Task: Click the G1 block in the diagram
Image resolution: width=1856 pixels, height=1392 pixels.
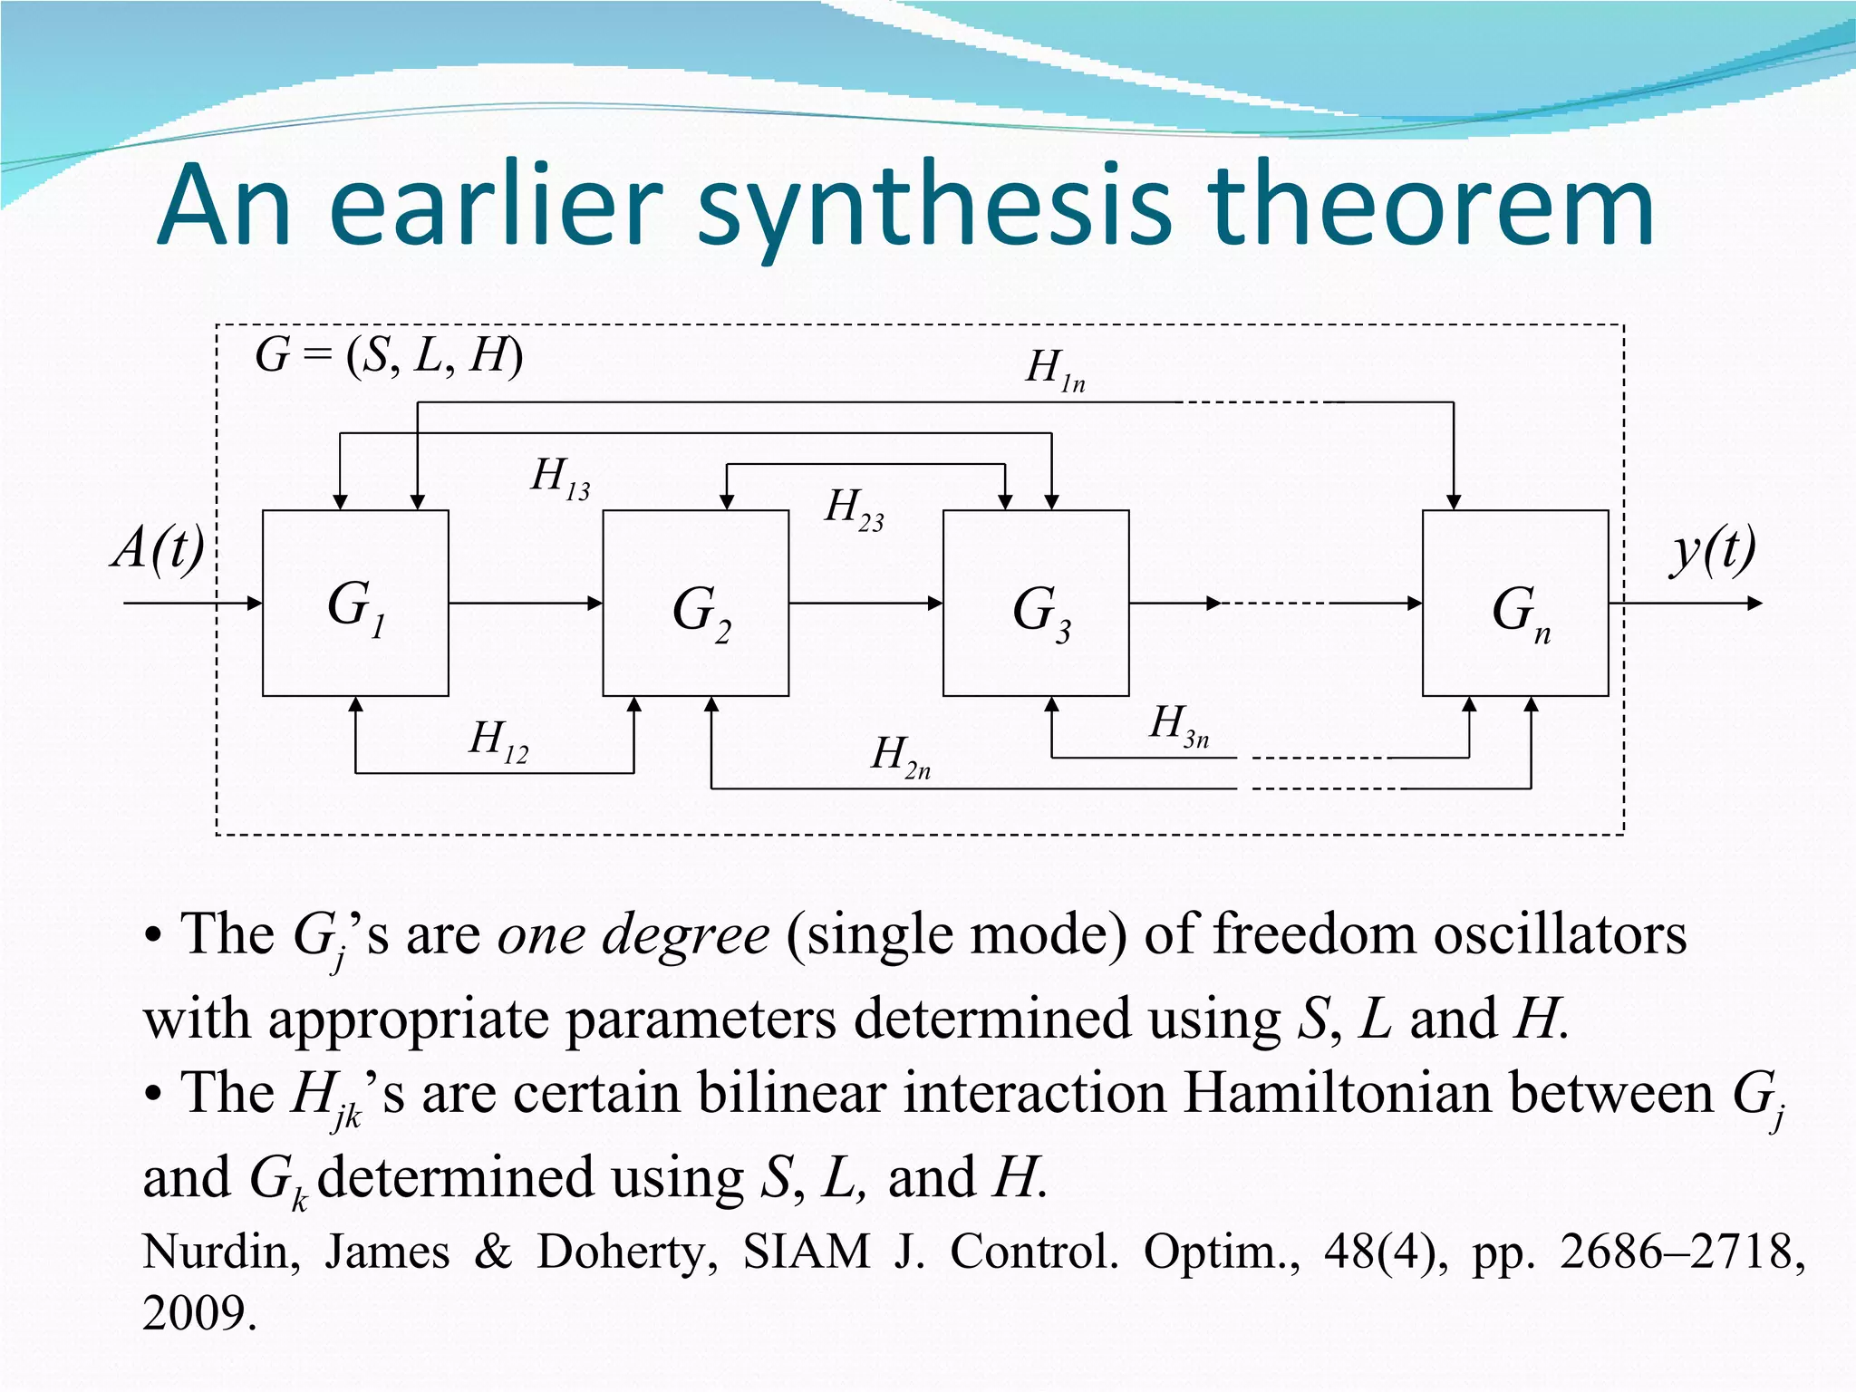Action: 355,604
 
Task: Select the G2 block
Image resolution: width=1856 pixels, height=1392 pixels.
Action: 696,604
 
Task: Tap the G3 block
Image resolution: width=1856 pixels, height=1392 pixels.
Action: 1036,604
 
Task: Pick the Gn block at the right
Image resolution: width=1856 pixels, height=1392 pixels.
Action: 1515,604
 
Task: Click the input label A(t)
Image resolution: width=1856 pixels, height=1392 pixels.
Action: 159,549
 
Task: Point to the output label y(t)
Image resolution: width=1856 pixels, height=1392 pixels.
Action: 1714,551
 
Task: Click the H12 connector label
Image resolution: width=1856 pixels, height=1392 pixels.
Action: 498,740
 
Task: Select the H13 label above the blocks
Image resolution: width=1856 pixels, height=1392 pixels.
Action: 560,478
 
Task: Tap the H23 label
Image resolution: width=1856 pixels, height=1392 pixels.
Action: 854,508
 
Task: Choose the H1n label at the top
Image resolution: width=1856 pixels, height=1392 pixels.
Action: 1055,370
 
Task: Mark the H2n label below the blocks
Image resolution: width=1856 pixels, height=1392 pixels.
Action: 900,756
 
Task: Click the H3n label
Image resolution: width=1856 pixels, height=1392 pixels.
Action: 1178,726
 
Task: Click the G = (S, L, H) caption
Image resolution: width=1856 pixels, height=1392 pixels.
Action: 389,355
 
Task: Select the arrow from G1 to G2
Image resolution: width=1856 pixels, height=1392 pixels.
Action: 526,604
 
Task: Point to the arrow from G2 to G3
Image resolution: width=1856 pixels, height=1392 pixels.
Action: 865,604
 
